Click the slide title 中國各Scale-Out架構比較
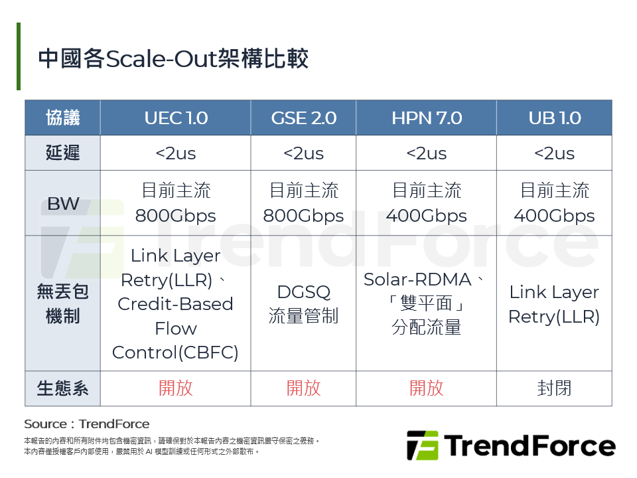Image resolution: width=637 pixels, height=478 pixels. pyautogui.click(x=173, y=59)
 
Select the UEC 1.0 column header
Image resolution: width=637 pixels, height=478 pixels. pyautogui.click(x=176, y=118)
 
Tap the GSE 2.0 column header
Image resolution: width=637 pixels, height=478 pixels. pyautogui.click(x=303, y=118)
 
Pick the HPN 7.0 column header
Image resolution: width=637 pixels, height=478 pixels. pyautogui.click(x=426, y=118)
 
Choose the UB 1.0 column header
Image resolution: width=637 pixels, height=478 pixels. pyautogui.click(x=554, y=118)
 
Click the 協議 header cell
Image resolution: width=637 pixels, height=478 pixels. pyautogui.click(x=63, y=118)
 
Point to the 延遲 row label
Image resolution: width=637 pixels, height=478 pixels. pyautogui.click(x=63, y=153)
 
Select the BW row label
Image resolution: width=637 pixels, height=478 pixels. pyautogui.click(x=63, y=204)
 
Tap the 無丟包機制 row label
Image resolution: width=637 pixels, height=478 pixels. pyautogui.click(x=63, y=304)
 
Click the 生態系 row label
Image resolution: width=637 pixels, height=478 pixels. pyautogui.click(x=63, y=388)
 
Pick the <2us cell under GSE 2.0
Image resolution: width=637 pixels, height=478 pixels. pyautogui.click(x=303, y=153)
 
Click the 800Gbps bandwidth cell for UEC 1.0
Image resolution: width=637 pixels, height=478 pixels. pyautogui.click(x=176, y=204)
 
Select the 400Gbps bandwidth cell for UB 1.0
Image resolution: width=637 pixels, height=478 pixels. pyautogui.click(x=554, y=204)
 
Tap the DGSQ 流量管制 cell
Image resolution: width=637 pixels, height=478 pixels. pyautogui.click(x=303, y=304)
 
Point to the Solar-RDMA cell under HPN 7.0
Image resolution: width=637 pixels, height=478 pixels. pyautogui.click(x=426, y=304)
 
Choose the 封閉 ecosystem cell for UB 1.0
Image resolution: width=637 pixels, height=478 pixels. pyautogui.click(x=554, y=388)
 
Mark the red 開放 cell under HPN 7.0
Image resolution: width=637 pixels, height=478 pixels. pyautogui.click(x=426, y=388)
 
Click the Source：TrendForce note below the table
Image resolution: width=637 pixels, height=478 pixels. pyautogui.click(x=87, y=424)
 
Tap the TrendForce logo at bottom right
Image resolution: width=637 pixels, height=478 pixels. pyautogui.click(x=510, y=445)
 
